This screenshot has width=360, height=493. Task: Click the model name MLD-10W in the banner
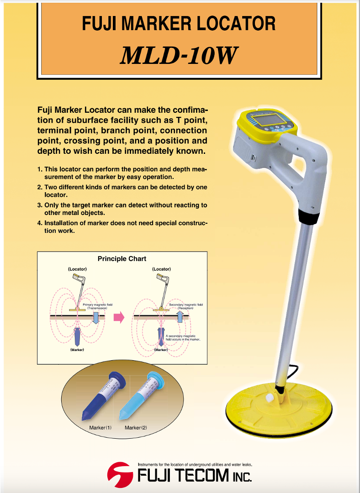tap(179, 56)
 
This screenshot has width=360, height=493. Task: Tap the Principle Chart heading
tap(122, 259)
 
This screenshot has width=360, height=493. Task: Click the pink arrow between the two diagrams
tap(119, 317)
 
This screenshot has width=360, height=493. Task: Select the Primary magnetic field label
tap(98, 306)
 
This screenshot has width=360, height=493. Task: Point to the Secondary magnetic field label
tap(185, 306)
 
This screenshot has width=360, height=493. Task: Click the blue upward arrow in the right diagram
tap(180, 316)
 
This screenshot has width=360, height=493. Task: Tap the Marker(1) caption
tap(101, 428)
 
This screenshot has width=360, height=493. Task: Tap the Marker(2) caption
tap(136, 428)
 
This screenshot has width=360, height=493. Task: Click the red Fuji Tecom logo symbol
tap(120, 474)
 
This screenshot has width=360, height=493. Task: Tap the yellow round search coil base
tap(279, 408)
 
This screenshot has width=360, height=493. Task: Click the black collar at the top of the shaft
tap(307, 217)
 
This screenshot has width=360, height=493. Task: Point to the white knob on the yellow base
tap(270, 398)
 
